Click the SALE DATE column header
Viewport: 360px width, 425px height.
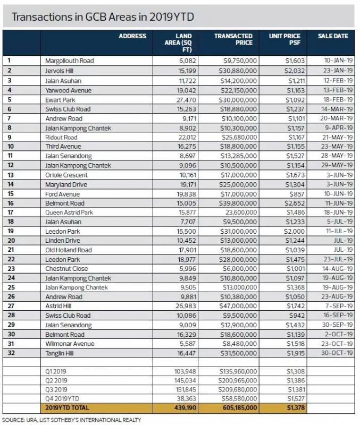tap(333, 36)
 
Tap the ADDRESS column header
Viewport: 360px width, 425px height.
tap(132, 36)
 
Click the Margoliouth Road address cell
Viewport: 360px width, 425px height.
tap(69, 61)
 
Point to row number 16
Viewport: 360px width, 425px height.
tap(10, 203)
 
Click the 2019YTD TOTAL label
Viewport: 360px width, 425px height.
tap(68, 407)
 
